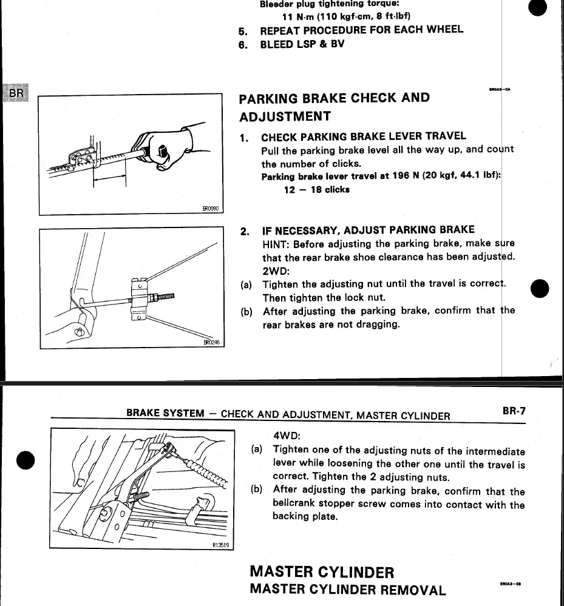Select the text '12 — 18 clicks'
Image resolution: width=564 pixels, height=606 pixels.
pyautogui.click(x=316, y=189)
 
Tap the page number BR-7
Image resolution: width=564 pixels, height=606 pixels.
pyautogui.click(x=514, y=411)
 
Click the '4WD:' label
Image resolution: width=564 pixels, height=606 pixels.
pyautogui.click(x=287, y=436)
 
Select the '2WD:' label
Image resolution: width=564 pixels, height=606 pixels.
pyautogui.click(x=275, y=271)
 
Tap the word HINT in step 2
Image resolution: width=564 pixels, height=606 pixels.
pyautogui.click(x=276, y=244)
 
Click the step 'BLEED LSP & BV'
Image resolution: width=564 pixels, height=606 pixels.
pyautogui.click(x=302, y=44)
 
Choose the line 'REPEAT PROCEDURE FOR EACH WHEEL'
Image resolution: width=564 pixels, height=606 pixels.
pyautogui.click(x=361, y=30)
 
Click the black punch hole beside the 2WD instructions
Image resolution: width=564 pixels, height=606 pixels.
pyautogui.click(x=540, y=289)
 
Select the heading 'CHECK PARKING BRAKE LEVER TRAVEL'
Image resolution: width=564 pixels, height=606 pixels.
pyautogui.click(x=364, y=136)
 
